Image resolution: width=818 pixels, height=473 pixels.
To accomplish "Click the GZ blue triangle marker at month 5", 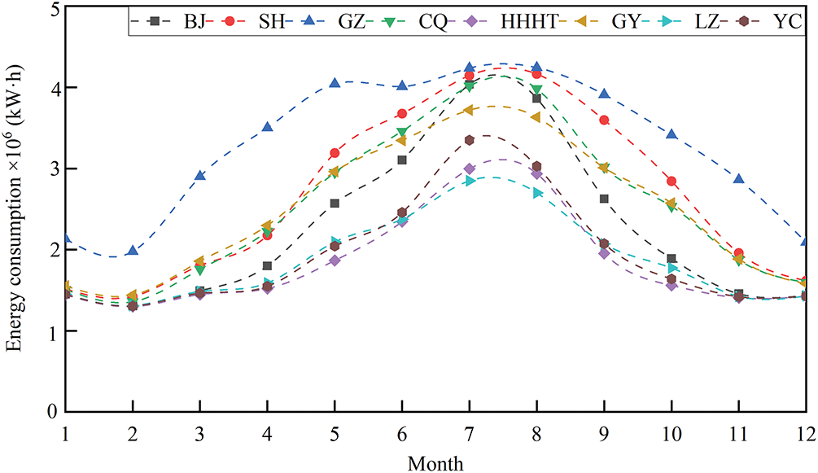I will tap(335, 83).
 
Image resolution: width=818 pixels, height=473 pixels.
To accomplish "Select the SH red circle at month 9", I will tap(604, 120).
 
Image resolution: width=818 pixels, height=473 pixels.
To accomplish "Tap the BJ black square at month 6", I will tap(402, 160).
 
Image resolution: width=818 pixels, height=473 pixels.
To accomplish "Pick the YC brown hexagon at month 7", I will tap(470, 140).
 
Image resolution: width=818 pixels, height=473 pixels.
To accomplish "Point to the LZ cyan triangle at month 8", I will tap(537, 193).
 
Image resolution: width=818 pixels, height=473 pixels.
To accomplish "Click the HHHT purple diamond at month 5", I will tap(335, 261).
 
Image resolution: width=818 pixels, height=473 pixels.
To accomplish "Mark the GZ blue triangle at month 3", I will tap(199, 175).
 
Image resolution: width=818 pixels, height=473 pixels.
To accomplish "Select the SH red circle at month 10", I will tap(671, 181).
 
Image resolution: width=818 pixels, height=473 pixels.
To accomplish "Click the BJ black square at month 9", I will tap(604, 199).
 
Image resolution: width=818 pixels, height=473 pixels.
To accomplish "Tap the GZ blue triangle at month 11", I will tap(739, 178).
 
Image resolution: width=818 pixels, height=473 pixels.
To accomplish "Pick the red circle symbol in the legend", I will tap(239, 22).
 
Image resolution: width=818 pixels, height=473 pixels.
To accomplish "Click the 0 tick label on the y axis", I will tap(52, 412).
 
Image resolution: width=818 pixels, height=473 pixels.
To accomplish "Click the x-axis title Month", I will tap(436, 461).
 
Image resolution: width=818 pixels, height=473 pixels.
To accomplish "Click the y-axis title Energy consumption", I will tap(15, 236).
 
